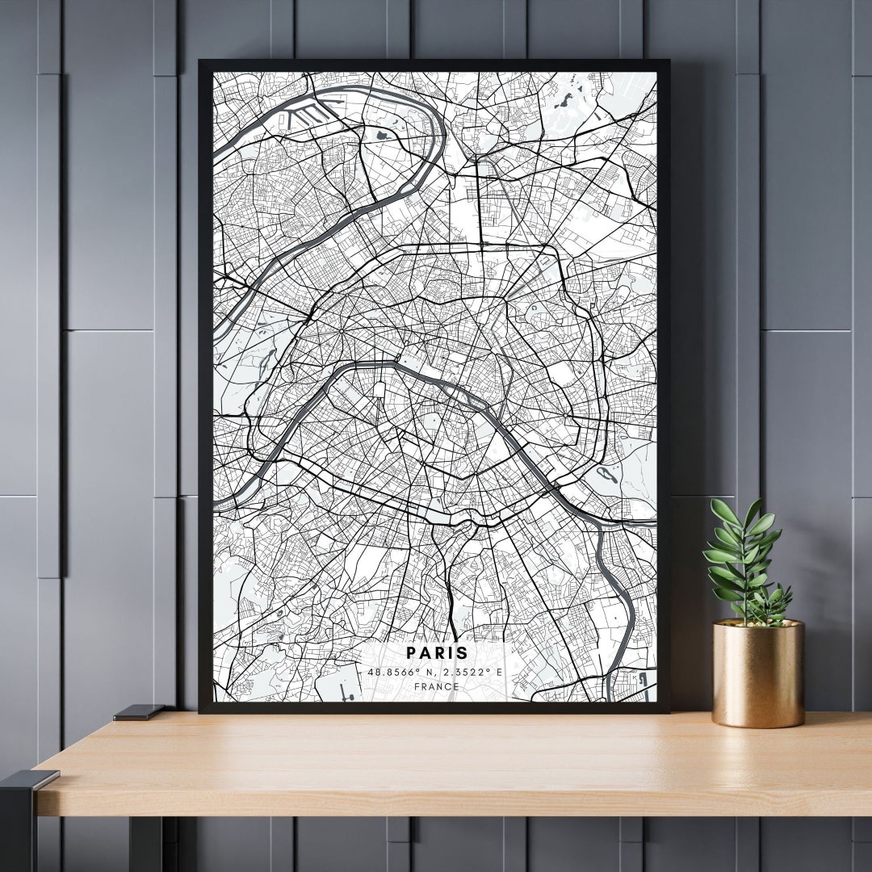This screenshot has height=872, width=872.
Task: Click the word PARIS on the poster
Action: (436, 652)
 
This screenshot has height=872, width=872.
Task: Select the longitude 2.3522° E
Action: (472, 671)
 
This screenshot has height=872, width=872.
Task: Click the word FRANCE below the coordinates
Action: (436, 687)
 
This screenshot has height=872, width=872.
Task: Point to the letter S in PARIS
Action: (463, 652)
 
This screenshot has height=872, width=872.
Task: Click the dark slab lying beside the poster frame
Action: (139, 712)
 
